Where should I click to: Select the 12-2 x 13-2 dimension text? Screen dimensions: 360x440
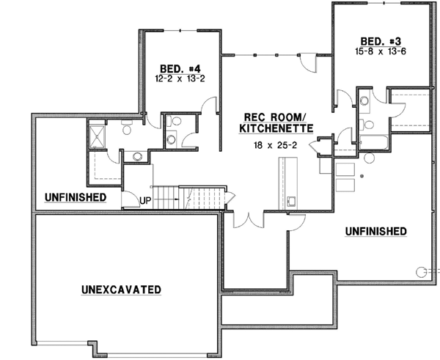coord(173,76)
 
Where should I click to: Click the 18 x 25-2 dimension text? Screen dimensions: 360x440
coord(275,146)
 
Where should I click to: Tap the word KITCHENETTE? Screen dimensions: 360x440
coord(276,128)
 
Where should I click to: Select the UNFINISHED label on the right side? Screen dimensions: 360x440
coord(375,232)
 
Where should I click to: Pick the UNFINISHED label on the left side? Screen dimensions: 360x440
coord(75,197)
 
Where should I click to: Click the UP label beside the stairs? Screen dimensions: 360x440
coord(145,199)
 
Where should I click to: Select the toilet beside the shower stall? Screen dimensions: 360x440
coord(126,130)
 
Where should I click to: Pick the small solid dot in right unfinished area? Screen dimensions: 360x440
coord(362,177)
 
